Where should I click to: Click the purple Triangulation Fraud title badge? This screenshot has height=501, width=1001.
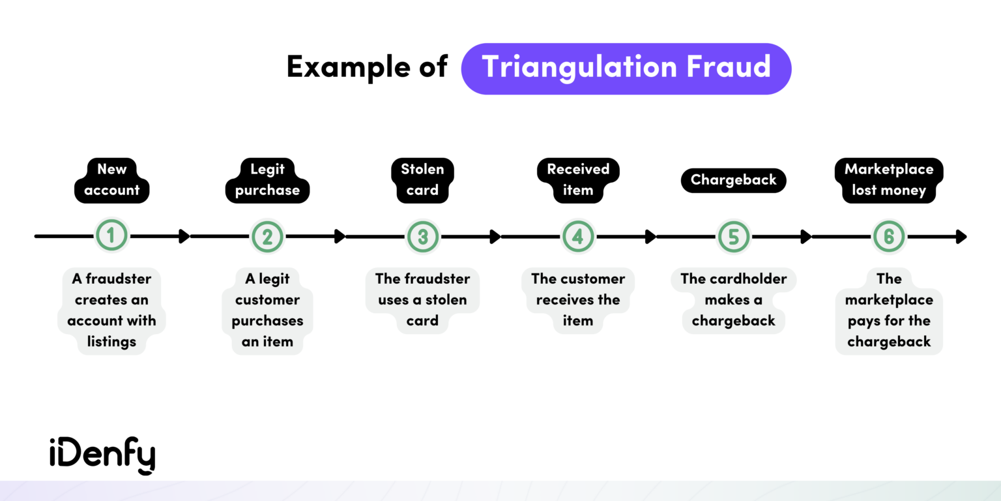[x=626, y=68]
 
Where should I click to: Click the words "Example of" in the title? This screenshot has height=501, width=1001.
[x=367, y=67]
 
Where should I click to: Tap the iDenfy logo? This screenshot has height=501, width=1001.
[x=102, y=455]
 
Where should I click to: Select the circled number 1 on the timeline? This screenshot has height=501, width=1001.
[x=111, y=236]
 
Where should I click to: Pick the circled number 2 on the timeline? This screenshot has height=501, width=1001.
[x=267, y=236]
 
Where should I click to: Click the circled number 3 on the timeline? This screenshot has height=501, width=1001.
[x=422, y=236]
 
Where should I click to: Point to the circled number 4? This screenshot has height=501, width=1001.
[x=578, y=236]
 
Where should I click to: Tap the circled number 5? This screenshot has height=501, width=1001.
[x=733, y=236]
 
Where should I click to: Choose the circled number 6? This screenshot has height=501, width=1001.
[x=889, y=236]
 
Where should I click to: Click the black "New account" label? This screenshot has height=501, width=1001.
[x=112, y=180]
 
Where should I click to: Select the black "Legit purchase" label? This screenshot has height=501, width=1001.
[x=267, y=180]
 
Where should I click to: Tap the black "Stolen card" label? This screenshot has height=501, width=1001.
[x=422, y=180]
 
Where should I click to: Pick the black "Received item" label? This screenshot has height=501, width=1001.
[x=578, y=180]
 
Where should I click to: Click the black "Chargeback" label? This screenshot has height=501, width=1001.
[x=733, y=180]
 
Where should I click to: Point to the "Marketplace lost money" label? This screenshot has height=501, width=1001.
[x=889, y=180]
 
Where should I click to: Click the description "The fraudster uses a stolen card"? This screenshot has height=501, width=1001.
[x=422, y=300]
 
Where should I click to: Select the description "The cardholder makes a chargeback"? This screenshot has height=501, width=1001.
[x=733, y=300]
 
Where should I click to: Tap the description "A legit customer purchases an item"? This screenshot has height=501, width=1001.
[x=267, y=311]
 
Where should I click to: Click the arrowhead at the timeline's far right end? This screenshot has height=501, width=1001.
[x=961, y=236]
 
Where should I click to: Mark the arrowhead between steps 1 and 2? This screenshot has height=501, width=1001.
[x=184, y=236]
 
